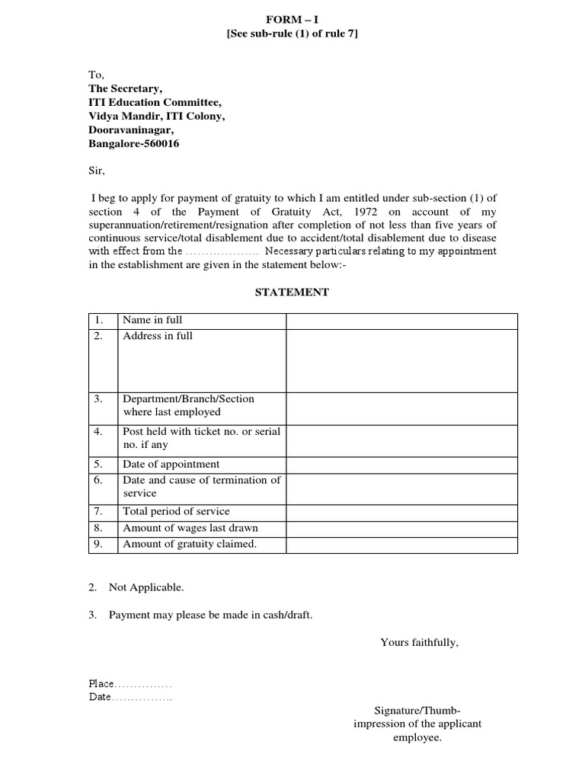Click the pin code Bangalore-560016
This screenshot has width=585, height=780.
click(134, 144)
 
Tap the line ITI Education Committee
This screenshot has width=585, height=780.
click(155, 103)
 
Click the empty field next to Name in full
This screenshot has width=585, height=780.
click(401, 321)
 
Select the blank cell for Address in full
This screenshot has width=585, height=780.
click(401, 360)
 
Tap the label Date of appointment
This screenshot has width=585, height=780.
click(171, 464)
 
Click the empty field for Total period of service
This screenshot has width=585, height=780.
click(401, 511)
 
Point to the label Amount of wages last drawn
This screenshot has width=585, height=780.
click(190, 528)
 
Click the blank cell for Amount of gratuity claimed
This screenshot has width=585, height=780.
click(401, 545)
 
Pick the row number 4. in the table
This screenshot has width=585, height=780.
click(98, 431)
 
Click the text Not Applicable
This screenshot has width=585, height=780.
click(146, 587)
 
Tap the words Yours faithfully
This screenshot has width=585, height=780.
click(419, 642)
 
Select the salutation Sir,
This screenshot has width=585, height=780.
click(97, 171)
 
